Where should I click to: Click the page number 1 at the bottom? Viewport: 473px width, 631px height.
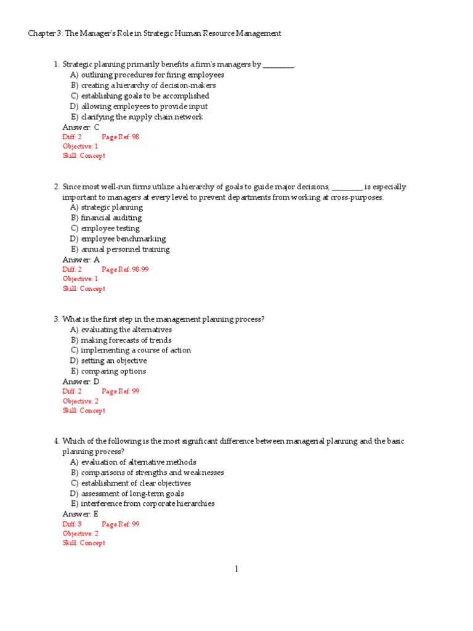pyautogui.click(x=236, y=569)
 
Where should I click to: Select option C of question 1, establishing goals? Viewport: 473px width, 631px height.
pyautogui.click(x=139, y=96)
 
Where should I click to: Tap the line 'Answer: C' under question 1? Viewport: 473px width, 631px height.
pyautogui.click(x=81, y=127)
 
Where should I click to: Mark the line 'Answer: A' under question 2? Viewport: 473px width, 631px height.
pyautogui.click(x=81, y=259)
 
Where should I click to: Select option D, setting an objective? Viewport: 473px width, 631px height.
pyautogui.click(x=108, y=360)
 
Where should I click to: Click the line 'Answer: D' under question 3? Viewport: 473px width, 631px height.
pyautogui.click(x=81, y=381)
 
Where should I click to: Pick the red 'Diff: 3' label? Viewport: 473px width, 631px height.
pyautogui.click(x=72, y=524)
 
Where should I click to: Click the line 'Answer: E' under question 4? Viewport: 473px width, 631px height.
pyautogui.click(x=80, y=513)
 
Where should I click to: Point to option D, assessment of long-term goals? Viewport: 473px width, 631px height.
pyautogui.click(x=127, y=494)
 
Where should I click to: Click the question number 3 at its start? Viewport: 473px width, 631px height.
pyautogui.click(x=56, y=319)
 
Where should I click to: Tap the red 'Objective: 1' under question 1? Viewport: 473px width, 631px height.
pyautogui.click(x=80, y=146)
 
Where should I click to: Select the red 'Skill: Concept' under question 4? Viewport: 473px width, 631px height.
pyautogui.click(x=84, y=543)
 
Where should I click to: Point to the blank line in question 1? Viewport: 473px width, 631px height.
pyautogui.click(x=278, y=65)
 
